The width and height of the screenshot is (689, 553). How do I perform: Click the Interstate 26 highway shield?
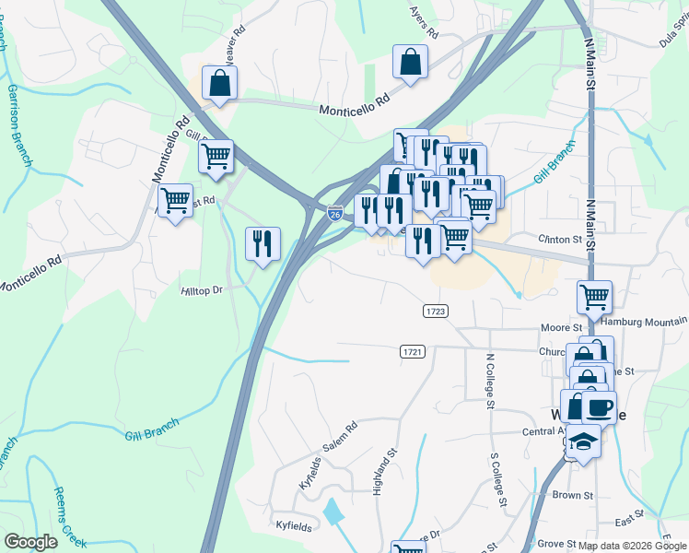tap(335, 214)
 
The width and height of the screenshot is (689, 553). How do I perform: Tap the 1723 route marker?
tap(436, 312)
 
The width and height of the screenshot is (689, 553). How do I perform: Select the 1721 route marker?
tap(413, 352)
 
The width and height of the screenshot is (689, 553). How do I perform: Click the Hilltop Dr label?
tap(203, 290)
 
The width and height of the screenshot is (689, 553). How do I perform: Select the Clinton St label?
tap(567, 239)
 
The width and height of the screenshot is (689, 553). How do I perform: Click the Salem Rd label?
tap(338, 437)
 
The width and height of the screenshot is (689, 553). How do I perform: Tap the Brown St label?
tap(573, 495)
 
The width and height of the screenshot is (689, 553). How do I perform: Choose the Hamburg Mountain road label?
tap(644, 322)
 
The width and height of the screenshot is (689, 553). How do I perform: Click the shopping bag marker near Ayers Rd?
tap(411, 63)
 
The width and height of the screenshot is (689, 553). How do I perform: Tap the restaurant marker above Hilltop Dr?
tap(263, 243)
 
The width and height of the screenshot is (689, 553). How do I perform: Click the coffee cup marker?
tap(600, 406)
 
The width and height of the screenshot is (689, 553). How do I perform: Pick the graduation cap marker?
tap(583, 441)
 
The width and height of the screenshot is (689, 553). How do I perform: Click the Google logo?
tap(30, 542)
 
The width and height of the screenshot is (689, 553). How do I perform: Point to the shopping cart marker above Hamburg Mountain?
tap(594, 297)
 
